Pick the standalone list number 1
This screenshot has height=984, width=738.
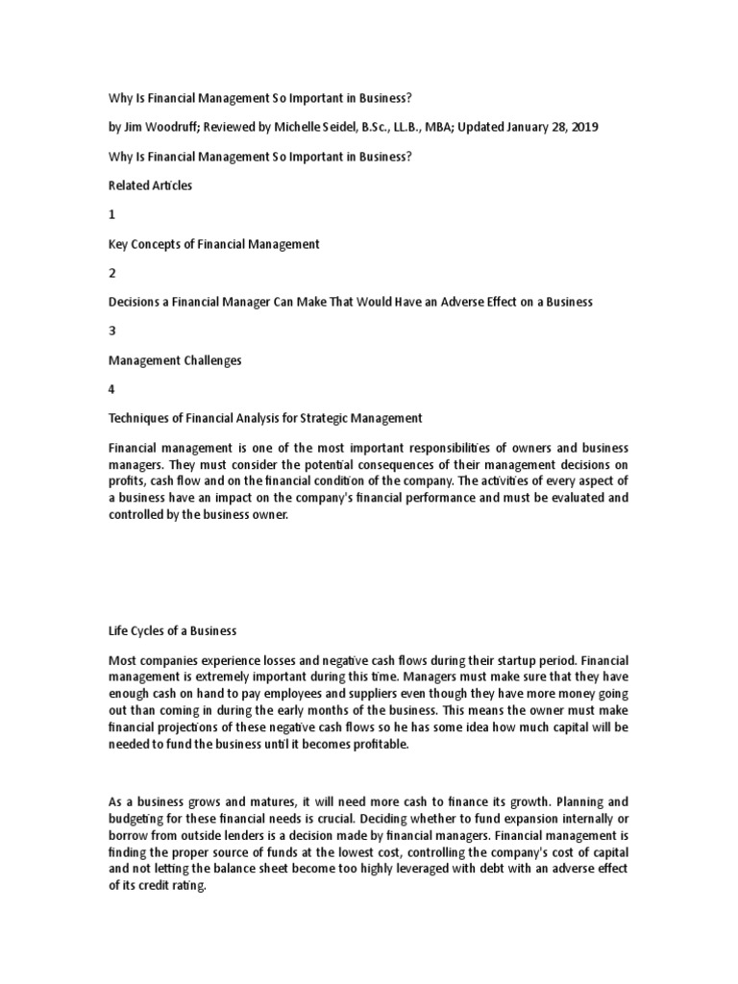(111, 215)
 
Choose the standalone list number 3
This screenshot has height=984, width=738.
(111, 331)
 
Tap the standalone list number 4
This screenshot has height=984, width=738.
(111, 389)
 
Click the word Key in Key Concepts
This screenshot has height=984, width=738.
(118, 244)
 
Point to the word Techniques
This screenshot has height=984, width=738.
(139, 418)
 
